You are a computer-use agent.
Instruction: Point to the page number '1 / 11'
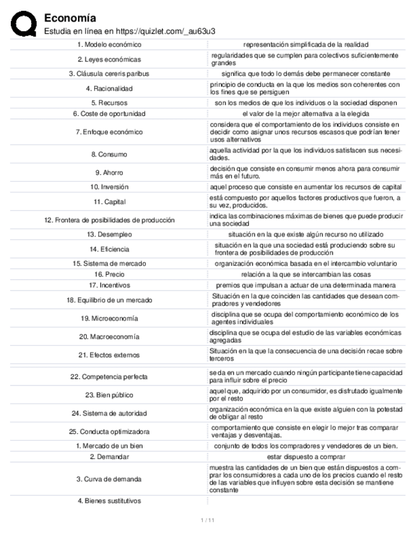click(207, 521)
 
